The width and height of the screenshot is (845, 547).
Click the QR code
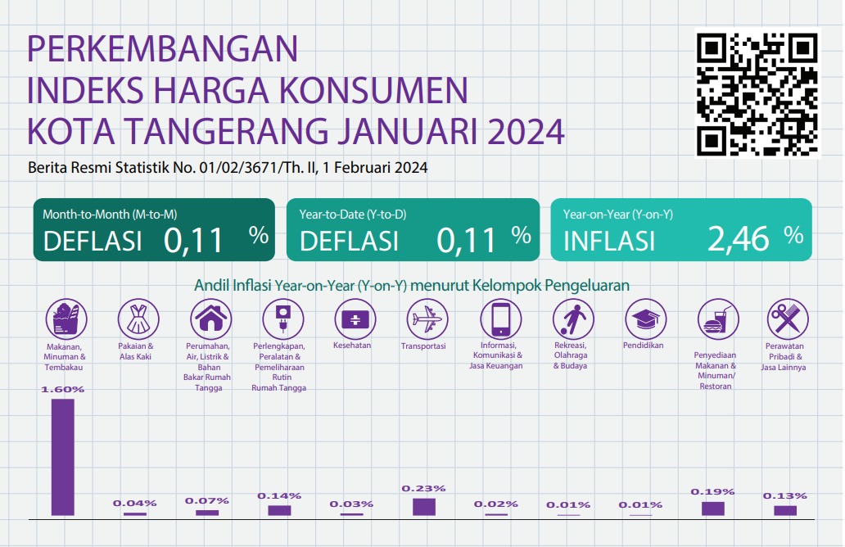pos(757,94)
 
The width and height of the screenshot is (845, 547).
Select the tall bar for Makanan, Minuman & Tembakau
pos(63,457)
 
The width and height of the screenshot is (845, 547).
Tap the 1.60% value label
pos(63,389)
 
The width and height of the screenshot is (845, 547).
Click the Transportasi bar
pos(424,507)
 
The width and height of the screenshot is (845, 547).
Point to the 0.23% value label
pos(423,488)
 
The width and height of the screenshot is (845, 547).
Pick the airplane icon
pos(427,319)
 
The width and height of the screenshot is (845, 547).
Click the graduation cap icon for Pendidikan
pos(645,319)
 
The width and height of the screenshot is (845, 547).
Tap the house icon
pos(210,319)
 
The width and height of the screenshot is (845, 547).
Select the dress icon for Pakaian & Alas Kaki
pos(138,319)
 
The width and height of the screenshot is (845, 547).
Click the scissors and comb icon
pos(788,319)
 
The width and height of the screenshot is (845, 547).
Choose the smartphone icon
pos(500,319)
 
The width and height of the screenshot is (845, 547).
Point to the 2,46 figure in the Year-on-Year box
pos(739,239)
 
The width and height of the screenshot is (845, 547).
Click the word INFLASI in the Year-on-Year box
pos(609,241)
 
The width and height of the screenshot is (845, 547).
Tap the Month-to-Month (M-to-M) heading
pos(110,215)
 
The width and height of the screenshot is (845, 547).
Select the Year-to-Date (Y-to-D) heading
pos(352,215)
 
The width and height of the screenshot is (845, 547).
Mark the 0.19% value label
pos(712,491)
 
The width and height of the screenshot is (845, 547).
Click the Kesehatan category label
pos(352,346)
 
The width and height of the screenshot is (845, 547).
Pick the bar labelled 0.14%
pos(279,510)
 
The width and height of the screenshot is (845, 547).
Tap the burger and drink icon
pos(718,319)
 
